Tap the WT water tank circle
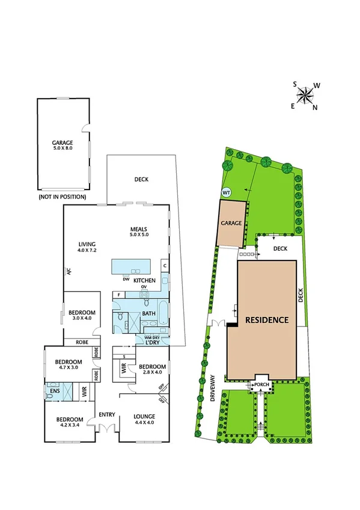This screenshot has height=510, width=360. pos(227,192)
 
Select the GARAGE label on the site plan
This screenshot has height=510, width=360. pos(231,223)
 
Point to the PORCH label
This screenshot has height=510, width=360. pos(261,384)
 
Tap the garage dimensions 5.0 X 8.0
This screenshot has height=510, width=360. pos(63,148)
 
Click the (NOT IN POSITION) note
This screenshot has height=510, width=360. pos(62,197)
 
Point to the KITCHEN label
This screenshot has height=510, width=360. pos(144,281)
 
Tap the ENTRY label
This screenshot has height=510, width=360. pos(106,414)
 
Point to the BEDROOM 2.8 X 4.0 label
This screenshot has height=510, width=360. pos(152,370)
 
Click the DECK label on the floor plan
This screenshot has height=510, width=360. pos(141,179)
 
